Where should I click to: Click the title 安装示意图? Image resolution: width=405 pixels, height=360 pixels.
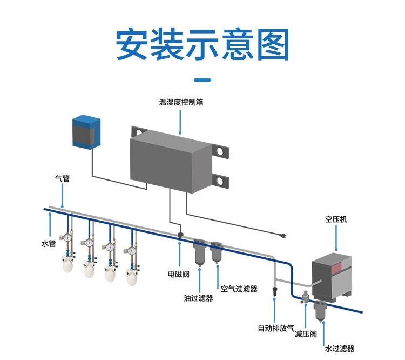click(202, 44)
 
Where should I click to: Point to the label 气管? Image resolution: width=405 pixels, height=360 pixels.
click(62, 177)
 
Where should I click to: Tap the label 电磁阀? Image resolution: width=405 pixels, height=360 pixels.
click(179, 274)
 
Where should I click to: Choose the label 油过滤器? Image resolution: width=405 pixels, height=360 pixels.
click(198, 298)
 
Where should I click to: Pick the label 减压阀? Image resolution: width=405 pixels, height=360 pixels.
click(305, 335)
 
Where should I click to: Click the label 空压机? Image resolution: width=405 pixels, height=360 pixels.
click(336, 219)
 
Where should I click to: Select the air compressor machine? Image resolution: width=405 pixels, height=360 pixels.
click(333, 275)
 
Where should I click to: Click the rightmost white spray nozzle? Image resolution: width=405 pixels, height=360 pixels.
click(131, 277)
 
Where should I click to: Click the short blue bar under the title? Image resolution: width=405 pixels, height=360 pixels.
click(202, 80)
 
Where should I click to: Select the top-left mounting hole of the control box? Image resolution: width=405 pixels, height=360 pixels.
click(138, 131)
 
